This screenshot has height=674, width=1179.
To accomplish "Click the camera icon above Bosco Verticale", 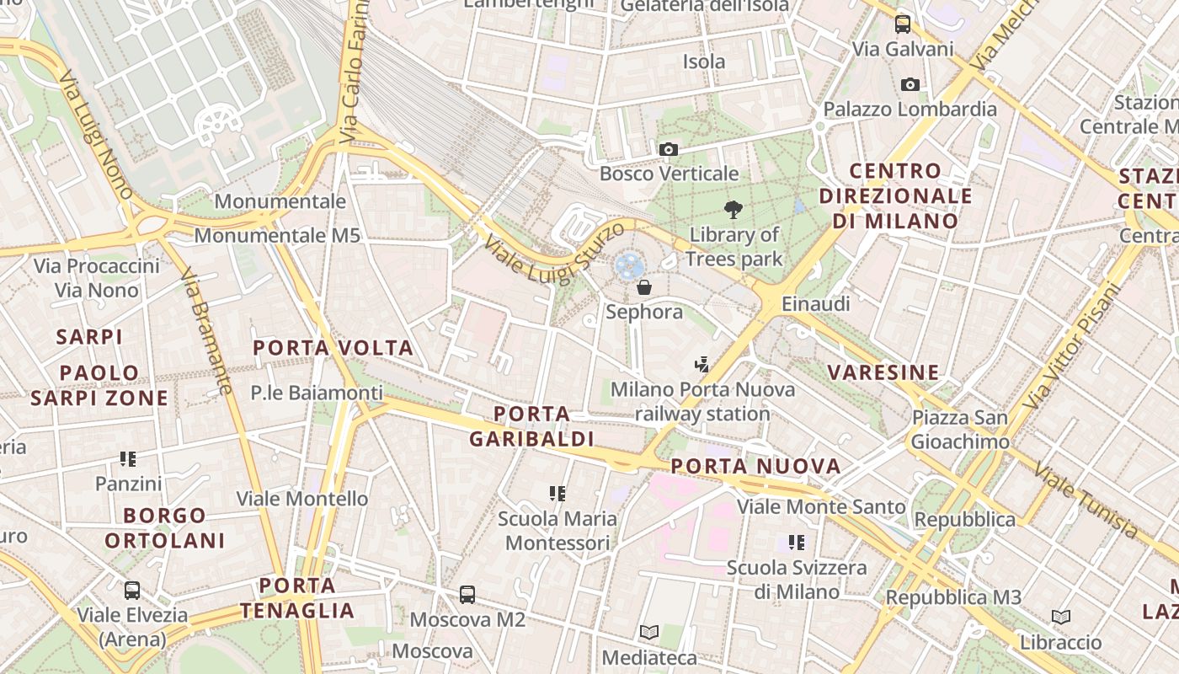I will pos(669,150).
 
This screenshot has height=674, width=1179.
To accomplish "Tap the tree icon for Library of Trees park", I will pos(734,210).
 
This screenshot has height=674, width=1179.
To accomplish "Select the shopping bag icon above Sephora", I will pos(644,287).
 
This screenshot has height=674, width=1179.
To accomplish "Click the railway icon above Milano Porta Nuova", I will pos(702,364).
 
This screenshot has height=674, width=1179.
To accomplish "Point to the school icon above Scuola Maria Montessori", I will pos(557,493).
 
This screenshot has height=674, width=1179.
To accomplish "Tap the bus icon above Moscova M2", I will pos(467,594).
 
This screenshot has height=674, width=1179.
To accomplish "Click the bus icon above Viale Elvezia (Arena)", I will pos(132,590).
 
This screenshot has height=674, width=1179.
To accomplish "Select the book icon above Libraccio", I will pos(1061,617).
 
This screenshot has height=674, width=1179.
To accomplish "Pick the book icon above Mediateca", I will pos(648,632).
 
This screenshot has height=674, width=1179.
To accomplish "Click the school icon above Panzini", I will pos(128,459).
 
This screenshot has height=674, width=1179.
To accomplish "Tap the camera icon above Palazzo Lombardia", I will pos(910,84).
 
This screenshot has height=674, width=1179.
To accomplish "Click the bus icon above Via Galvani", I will pos(903,24).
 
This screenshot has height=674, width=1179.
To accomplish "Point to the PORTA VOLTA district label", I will pos(333,348).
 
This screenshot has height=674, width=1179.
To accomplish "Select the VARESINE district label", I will pos(883,372).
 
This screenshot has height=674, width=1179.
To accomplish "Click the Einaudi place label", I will pos(816,303).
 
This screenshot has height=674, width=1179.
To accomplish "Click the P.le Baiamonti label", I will pos(317,393).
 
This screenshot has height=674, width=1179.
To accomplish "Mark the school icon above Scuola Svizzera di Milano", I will pos(796,543).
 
